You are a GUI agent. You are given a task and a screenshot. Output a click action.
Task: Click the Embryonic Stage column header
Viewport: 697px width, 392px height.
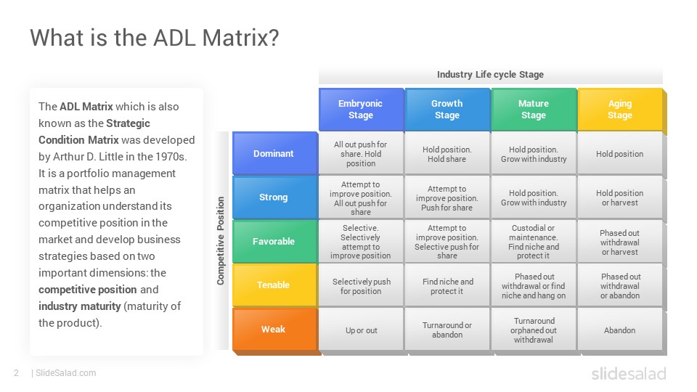pos(361,110)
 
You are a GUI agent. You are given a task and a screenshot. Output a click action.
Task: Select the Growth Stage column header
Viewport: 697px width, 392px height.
pos(447,110)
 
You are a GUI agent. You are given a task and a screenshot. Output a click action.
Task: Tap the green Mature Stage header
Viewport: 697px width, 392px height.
pos(534,110)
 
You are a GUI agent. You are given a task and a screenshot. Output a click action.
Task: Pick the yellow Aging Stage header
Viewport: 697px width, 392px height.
pos(620,110)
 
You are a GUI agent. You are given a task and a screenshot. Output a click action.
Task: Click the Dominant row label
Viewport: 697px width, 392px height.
pos(274,153)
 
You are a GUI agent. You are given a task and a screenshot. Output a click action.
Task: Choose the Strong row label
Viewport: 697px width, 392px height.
pos(274,197)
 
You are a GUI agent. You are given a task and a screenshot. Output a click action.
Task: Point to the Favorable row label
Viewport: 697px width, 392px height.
pos(274,241)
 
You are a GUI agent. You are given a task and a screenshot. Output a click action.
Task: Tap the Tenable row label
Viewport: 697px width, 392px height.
pos(274,285)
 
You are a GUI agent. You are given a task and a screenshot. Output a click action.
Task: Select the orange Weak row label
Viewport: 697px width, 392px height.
pos(274,329)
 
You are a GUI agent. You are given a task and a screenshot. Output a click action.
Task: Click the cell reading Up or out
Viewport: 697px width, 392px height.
pos(361,330)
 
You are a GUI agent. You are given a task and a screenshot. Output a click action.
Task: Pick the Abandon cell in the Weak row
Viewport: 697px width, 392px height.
pos(619,330)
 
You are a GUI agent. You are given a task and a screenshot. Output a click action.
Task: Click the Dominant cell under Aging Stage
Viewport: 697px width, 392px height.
pos(619,154)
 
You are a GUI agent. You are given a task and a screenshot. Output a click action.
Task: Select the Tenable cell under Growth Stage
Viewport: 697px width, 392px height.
pos(447,286)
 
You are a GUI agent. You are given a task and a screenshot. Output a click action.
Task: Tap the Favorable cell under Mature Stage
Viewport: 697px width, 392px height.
pos(534,242)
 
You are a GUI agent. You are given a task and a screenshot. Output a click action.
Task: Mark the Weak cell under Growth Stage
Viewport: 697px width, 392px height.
pos(447,330)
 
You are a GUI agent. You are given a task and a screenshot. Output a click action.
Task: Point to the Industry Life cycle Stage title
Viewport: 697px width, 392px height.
pos(490,75)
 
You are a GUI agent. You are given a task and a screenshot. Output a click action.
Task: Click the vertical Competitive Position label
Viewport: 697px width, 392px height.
pos(221,240)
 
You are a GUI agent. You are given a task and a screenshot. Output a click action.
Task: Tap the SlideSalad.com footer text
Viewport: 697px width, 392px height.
pos(66,373)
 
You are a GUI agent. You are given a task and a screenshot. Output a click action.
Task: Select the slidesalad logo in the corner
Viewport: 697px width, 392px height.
pos(629,373)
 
